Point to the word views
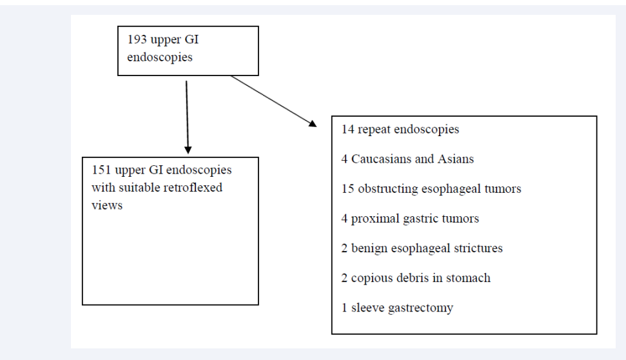pyautogui.click(x=107, y=205)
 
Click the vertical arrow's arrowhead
pyautogui.click(x=188, y=150)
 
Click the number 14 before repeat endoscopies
pyautogui.click(x=347, y=130)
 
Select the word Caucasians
pyautogui.click(x=381, y=159)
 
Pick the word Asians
pyautogui.click(x=456, y=159)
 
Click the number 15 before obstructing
pyautogui.click(x=347, y=188)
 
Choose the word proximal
pyautogui.click(x=375, y=219)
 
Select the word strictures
pyautogui.click(x=478, y=248)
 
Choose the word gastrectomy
pyautogui.click(x=420, y=308)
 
